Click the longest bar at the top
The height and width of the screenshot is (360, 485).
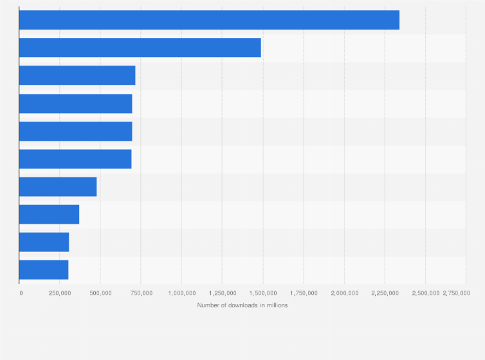click(209, 20)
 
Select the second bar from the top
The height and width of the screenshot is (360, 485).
click(140, 48)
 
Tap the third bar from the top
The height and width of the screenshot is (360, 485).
click(77, 75)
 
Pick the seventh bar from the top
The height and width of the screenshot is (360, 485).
click(58, 186)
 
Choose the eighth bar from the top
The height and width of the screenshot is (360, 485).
click(49, 215)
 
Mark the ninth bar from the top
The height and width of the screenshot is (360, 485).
click(44, 242)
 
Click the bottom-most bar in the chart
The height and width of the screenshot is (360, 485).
click(44, 270)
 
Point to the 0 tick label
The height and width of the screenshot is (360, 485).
click(21, 293)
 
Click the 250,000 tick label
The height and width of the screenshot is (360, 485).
click(60, 293)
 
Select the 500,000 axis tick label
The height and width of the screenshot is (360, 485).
click(100, 293)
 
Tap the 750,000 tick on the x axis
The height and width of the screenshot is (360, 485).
click(142, 293)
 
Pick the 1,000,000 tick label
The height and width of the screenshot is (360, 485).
click(182, 293)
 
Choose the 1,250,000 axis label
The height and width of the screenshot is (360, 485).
click(223, 293)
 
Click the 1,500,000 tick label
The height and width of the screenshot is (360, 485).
click(263, 293)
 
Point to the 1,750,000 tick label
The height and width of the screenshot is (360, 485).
click(304, 293)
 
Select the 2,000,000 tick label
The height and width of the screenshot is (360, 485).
click(345, 293)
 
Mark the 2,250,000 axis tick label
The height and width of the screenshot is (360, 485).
click(385, 293)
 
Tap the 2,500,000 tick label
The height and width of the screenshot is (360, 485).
click(426, 293)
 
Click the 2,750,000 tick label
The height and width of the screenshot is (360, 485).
click(456, 293)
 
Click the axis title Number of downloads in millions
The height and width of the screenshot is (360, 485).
click(243, 305)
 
